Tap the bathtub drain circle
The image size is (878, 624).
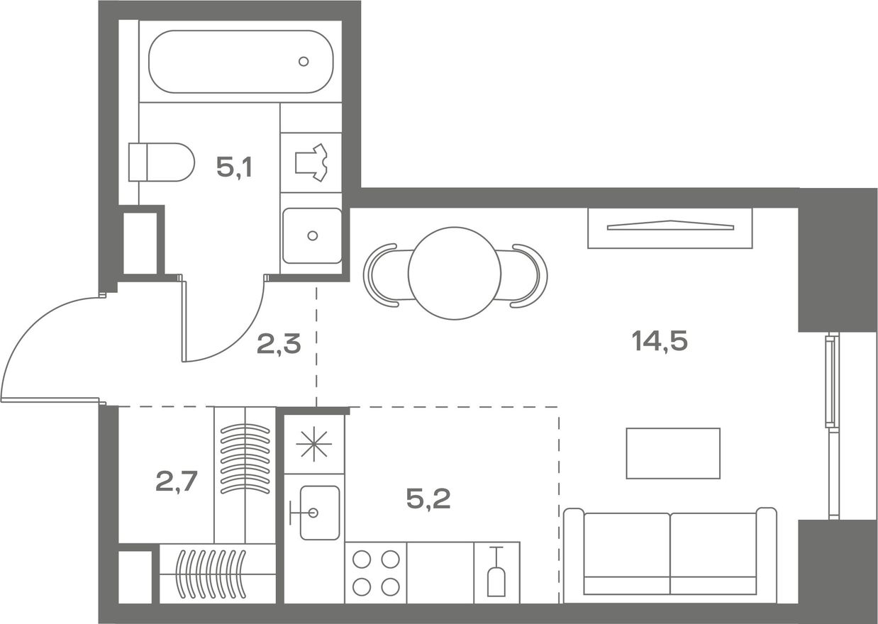(x=304, y=61)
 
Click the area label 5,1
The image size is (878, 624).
(x=234, y=167)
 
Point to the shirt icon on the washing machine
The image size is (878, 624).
(x=311, y=162)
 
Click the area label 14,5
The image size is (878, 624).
(x=660, y=340)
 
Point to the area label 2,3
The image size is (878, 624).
(x=279, y=345)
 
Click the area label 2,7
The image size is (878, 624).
(x=176, y=481)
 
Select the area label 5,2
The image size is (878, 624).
(x=428, y=499)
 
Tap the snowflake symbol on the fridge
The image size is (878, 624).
(x=314, y=444)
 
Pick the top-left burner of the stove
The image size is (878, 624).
(x=362, y=559)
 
